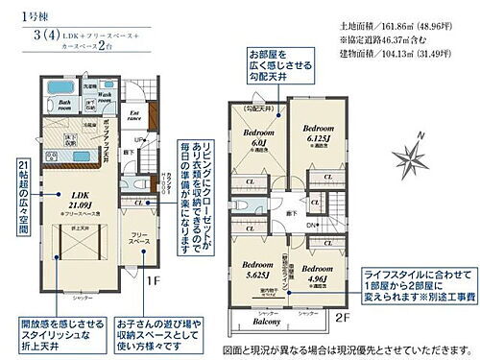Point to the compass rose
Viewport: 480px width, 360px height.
point(410,155)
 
